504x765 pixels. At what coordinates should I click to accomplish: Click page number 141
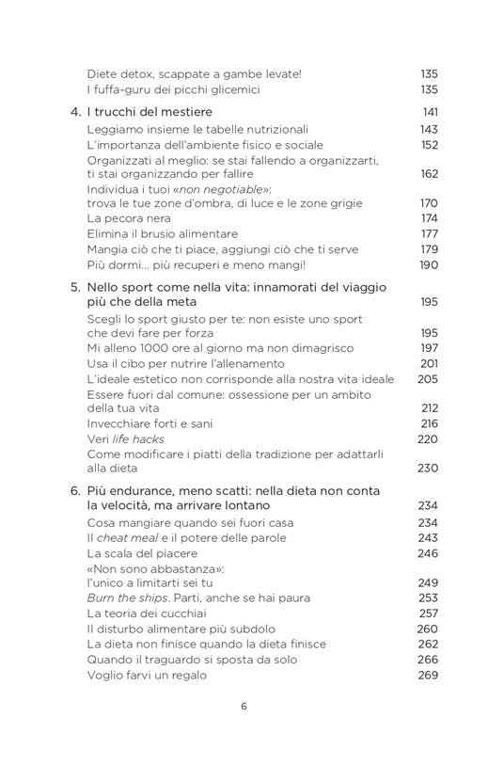coord(429,111)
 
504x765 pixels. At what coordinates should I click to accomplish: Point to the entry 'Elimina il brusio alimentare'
coord(162,233)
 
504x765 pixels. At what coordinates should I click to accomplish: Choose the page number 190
coord(429,264)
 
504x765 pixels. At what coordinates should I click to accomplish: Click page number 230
coord(429,468)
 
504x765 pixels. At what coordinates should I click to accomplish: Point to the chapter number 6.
coord(75,491)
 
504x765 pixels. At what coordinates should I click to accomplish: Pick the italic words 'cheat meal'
coord(127,537)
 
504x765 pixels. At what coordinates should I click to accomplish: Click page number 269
coord(429,675)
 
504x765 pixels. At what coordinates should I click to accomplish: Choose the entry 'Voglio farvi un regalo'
coord(147,675)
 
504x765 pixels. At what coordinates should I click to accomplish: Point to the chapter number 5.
coord(75,287)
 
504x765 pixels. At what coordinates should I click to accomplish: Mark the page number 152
coord(429,145)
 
